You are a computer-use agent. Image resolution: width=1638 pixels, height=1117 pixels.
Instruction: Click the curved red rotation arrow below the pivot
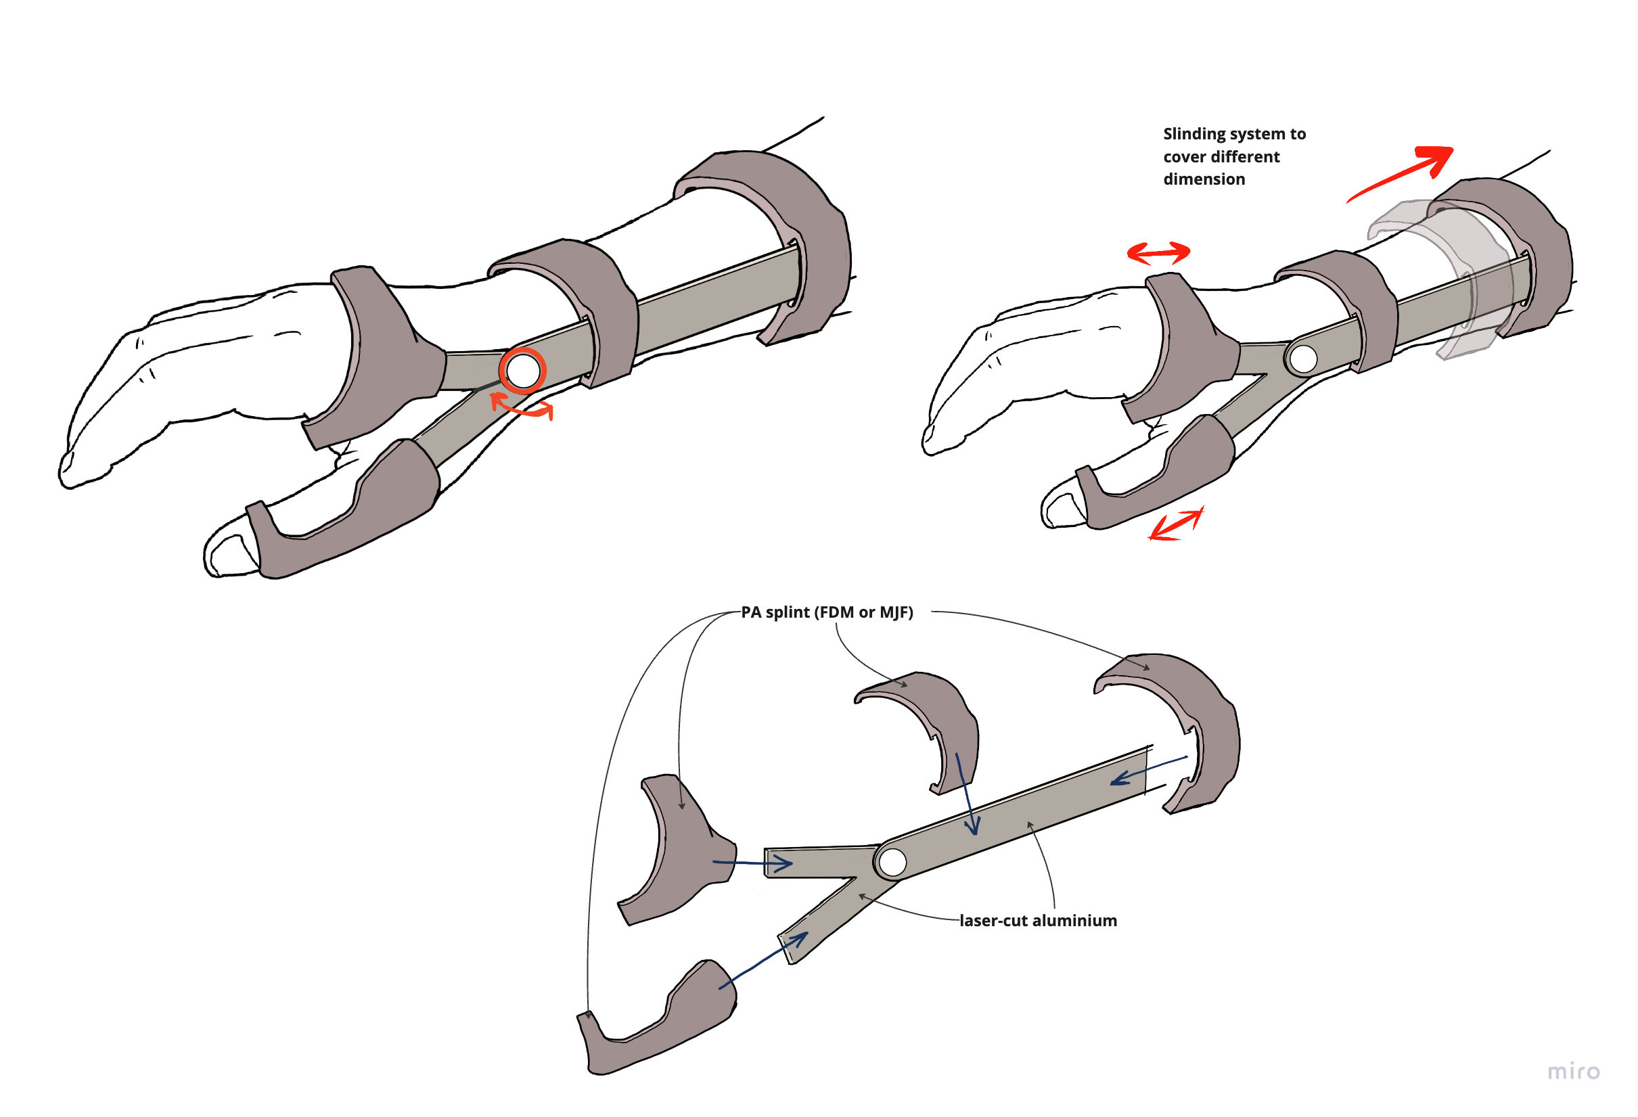tap(522, 409)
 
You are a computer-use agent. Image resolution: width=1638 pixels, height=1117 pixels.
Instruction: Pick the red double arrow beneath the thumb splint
tap(1176, 525)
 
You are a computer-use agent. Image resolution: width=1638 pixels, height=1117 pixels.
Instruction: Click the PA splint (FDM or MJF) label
tap(827, 612)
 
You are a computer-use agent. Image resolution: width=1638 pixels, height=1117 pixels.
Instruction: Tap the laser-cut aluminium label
tap(1037, 920)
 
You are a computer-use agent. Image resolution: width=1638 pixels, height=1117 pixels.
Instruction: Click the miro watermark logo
tap(1573, 1072)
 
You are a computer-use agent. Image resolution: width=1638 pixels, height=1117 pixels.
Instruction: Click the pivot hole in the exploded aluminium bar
tap(892, 862)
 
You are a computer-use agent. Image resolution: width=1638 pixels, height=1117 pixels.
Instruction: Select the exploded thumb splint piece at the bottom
tap(656, 1022)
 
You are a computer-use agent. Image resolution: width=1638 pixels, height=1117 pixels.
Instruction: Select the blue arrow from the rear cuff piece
tap(1149, 769)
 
